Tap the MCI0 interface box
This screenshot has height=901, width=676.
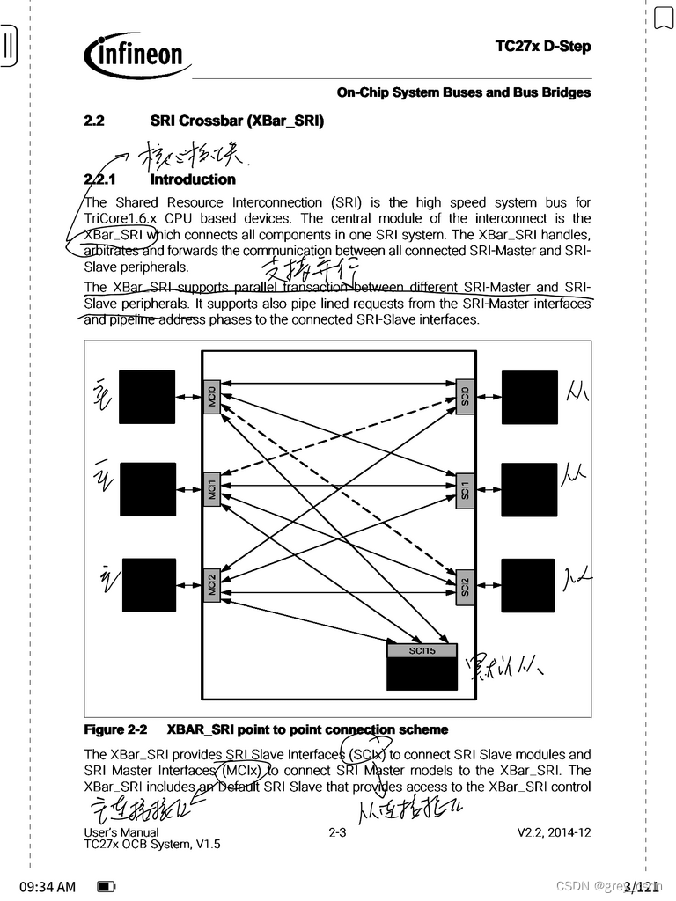[211, 398]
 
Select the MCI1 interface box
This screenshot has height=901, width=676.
[211, 489]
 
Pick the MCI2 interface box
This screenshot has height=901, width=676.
[211, 585]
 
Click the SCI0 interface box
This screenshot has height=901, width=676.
[466, 398]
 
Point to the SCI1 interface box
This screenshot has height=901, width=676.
[466, 489]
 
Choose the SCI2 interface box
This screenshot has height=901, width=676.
[466, 585]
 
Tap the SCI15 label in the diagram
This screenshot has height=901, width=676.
[422, 651]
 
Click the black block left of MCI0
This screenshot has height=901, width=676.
[147, 398]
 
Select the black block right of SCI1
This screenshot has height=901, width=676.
[530, 489]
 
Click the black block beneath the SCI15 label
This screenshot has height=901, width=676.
[422, 674]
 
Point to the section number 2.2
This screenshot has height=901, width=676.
[94, 121]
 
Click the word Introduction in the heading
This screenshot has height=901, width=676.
[193, 179]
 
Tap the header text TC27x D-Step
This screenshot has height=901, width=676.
[543, 47]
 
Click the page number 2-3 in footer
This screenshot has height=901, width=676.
[337, 831]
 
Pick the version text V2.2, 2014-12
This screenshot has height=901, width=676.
[554, 831]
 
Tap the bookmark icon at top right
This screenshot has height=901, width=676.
[663, 18]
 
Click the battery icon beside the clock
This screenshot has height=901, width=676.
[106, 886]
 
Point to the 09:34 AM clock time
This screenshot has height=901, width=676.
[48, 886]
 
